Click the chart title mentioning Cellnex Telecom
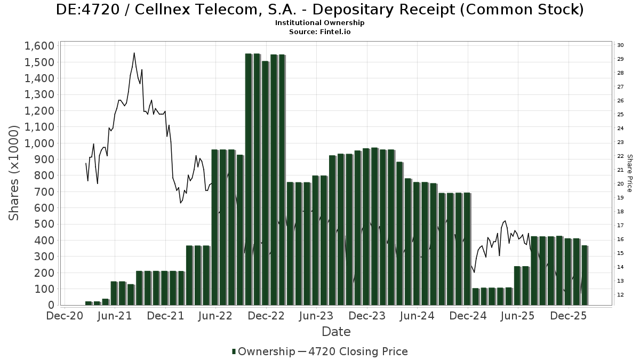(x=319, y=10)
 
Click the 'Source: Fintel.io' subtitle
(x=319, y=32)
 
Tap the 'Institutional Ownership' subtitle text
(x=319, y=23)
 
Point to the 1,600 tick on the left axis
(x=39, y=46)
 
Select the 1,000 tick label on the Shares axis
(x=39, y=143)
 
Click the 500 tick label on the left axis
(x=45, y=224)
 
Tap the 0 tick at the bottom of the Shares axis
(x=51, y=305)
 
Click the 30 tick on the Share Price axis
(x=621, y=45)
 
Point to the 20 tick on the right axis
(x=621, y=184)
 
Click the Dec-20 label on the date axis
(x=64, y=316)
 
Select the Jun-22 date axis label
(x=215, y=316)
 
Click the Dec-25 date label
(x=569, y=316)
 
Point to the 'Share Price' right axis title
(x=630, y=173)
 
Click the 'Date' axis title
(x=336, y=332)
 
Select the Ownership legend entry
(x=264, y=351)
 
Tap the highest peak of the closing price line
(x=134, y=53)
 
